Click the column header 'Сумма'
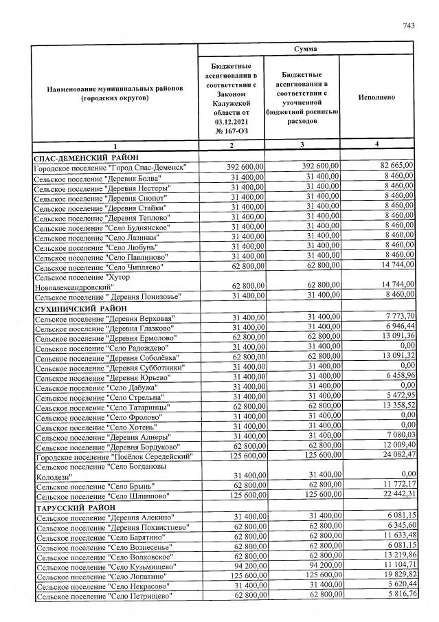pos(306,49)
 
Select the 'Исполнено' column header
pos(376,97)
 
